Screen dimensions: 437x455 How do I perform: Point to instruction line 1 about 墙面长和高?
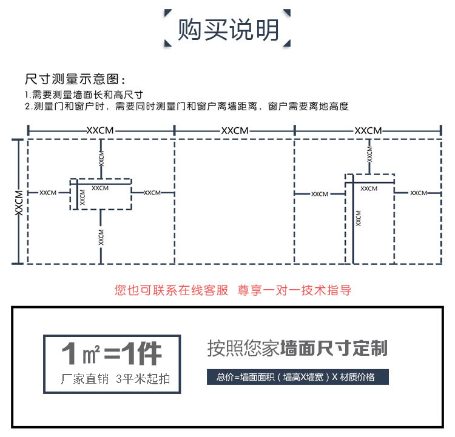(84, 95)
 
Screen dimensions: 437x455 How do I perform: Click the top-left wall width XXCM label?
(100, 130)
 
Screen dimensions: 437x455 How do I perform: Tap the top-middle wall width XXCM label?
(235, 130)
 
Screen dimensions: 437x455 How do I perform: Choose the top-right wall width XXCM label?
(368, 130)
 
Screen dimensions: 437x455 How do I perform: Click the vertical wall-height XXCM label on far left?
(18, 201)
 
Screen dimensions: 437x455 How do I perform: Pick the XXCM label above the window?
(101, 159)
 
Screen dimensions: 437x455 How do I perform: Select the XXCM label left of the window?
(48, 193)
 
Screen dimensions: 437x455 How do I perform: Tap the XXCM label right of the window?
(152, 193)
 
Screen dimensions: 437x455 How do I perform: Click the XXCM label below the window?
(101, 236)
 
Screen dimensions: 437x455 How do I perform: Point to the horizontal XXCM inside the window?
(100, 188)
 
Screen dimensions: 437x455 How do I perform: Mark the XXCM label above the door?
(369, 154)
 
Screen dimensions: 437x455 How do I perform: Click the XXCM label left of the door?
(319, 194)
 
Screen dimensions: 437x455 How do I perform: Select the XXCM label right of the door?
(419, 193)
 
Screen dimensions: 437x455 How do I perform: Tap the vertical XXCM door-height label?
(359, 218)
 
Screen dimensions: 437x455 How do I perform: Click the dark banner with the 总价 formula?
(297, 377)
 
